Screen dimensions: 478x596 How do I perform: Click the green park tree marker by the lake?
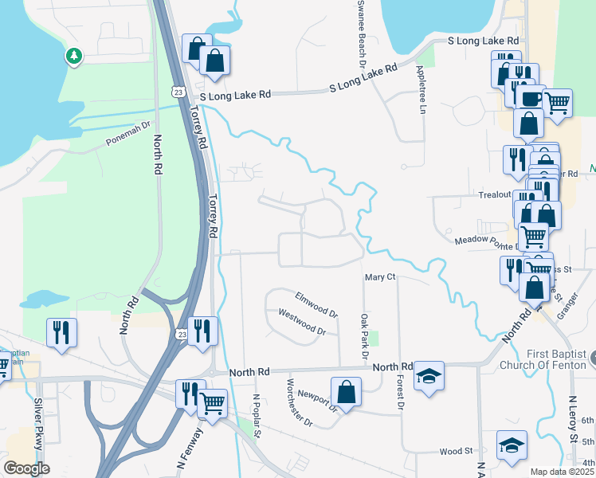73,56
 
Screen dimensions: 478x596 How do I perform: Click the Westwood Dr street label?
301,323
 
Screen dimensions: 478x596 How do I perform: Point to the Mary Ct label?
380,277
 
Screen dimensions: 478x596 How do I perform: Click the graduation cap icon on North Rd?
429,376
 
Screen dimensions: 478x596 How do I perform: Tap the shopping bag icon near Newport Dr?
347,391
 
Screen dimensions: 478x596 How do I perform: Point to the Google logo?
26,468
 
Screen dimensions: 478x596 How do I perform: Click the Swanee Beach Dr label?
361,32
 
